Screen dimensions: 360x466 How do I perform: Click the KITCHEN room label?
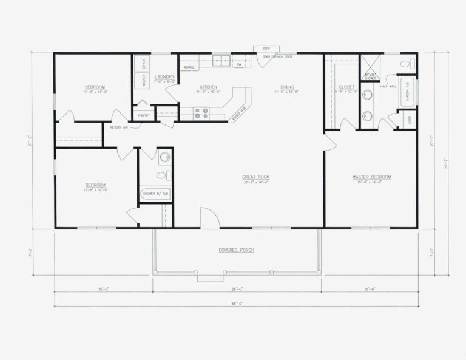pos(208,87)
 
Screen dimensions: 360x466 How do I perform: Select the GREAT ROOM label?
pos(255,178)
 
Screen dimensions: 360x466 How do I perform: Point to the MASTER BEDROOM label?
pos(371,177)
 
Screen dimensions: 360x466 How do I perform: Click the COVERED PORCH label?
pos(236,250)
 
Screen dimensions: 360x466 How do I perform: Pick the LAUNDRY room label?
pos(164,77)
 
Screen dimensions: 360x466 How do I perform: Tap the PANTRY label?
pos(144,115)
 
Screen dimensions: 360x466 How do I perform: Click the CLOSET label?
pos(346,87)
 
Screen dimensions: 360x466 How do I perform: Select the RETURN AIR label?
pos(120,127)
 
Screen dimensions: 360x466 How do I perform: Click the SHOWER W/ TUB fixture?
pos(155,194)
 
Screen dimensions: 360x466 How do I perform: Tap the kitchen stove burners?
pos(201,112)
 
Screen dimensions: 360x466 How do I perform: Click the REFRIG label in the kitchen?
pos(188,67)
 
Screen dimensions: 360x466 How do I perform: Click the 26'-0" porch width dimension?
pos(236,289)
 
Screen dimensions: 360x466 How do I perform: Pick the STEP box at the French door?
pos(266,49)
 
